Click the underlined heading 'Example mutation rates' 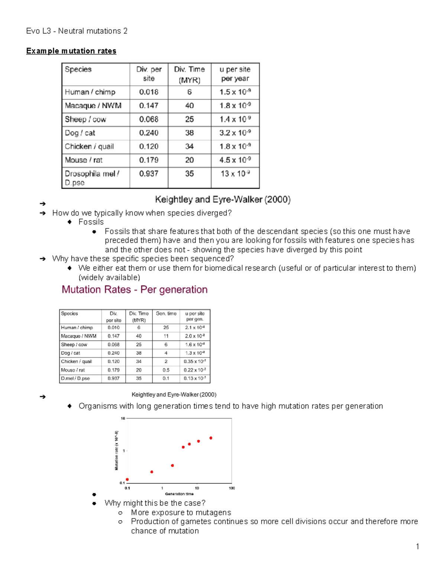[71, 51]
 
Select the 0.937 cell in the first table [149, 174]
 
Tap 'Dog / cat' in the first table [80, 133]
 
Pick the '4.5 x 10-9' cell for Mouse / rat [235, 160]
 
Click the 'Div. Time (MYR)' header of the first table [189, 74]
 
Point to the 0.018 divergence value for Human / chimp [149, 92]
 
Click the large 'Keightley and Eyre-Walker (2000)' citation [223, 200]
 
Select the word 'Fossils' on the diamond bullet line [91, 222]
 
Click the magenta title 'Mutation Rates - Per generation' [135, 289]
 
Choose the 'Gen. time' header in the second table [166, 314]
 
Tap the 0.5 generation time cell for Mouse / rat [166, 370]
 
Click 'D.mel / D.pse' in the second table [75, 379]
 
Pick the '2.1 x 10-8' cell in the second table [195, 328]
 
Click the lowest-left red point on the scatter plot [127, 480]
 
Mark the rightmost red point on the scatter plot [211, 438]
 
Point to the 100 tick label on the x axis [232, 488]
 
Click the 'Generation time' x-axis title [179, 494]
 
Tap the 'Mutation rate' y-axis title [116, 450]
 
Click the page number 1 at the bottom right [417, 546]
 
